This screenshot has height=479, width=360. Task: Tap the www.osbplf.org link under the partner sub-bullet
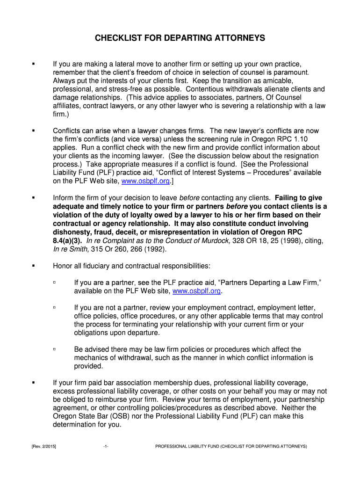(x=196, y=291)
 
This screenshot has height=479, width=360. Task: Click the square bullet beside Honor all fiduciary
(x=34, y=266)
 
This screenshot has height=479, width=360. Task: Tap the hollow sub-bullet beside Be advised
(x=55, y=349)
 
